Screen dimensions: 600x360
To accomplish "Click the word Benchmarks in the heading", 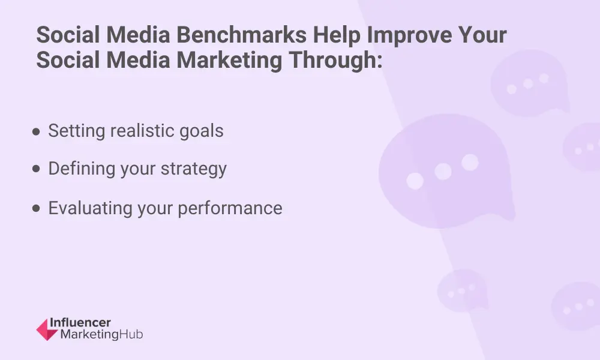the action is click(x=241, y=35).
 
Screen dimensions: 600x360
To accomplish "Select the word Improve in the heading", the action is click(x=409, y=35).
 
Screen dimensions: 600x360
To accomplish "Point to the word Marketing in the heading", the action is click(x=229, y=61).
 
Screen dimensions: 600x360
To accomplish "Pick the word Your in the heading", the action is click(x=482, y=35).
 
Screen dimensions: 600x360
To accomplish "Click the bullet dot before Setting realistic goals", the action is click(x=37, y=132).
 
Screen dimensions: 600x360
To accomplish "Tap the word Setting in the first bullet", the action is click(x=77, y=131).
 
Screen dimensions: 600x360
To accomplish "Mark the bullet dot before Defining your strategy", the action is click(x=37, y=169).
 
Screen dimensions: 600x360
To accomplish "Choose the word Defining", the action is click(x=82, y=169).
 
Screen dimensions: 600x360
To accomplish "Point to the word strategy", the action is click(x=194, y=169).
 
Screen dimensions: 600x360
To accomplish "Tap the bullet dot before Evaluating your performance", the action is click(x=37, y=208).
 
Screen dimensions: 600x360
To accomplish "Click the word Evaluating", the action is click(x=90, y=209).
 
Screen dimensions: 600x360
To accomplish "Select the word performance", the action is click(x=230, y=209).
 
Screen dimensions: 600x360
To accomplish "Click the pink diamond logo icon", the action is click(x=47, y=329).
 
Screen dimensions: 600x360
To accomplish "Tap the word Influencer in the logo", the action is click(x=80, y=323).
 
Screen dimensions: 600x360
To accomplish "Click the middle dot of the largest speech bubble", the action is click(x=443, y=172).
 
